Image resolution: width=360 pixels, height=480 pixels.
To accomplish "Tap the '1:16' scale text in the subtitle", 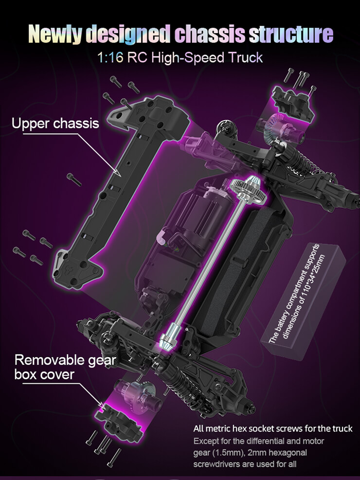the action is click(110, 57).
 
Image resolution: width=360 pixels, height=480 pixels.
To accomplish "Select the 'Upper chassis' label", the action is click(55, 124).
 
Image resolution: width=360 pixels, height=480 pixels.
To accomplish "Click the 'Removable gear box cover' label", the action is click(65, 367).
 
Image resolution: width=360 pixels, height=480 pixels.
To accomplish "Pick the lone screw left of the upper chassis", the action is click(74, 179).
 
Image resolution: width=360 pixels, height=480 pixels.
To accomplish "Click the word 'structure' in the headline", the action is click(291, 34).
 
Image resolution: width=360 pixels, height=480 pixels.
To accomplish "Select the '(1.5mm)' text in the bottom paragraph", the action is click(224, 452).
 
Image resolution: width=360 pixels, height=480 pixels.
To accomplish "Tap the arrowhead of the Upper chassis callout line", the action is click(119, 174).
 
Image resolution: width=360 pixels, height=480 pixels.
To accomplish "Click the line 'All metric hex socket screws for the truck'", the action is click(273, 428).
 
